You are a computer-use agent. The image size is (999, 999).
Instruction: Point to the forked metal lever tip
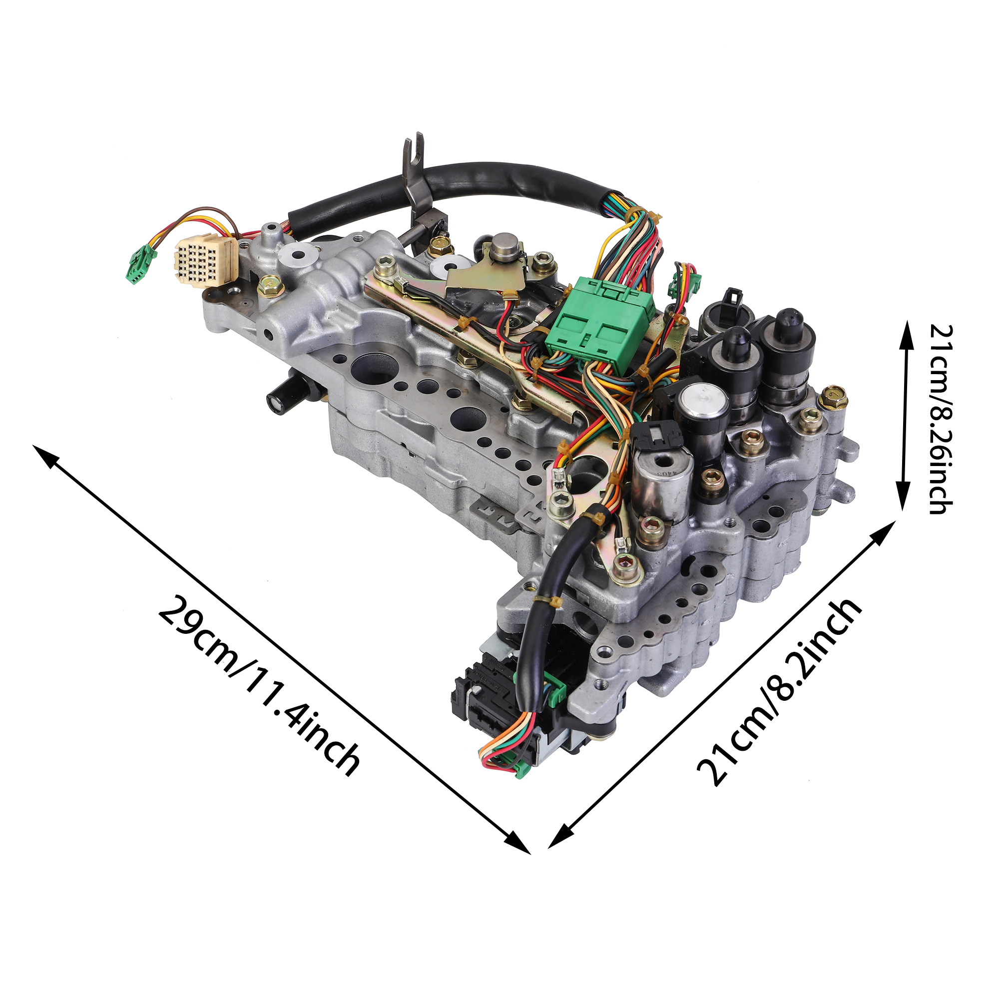tap(413, 147)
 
